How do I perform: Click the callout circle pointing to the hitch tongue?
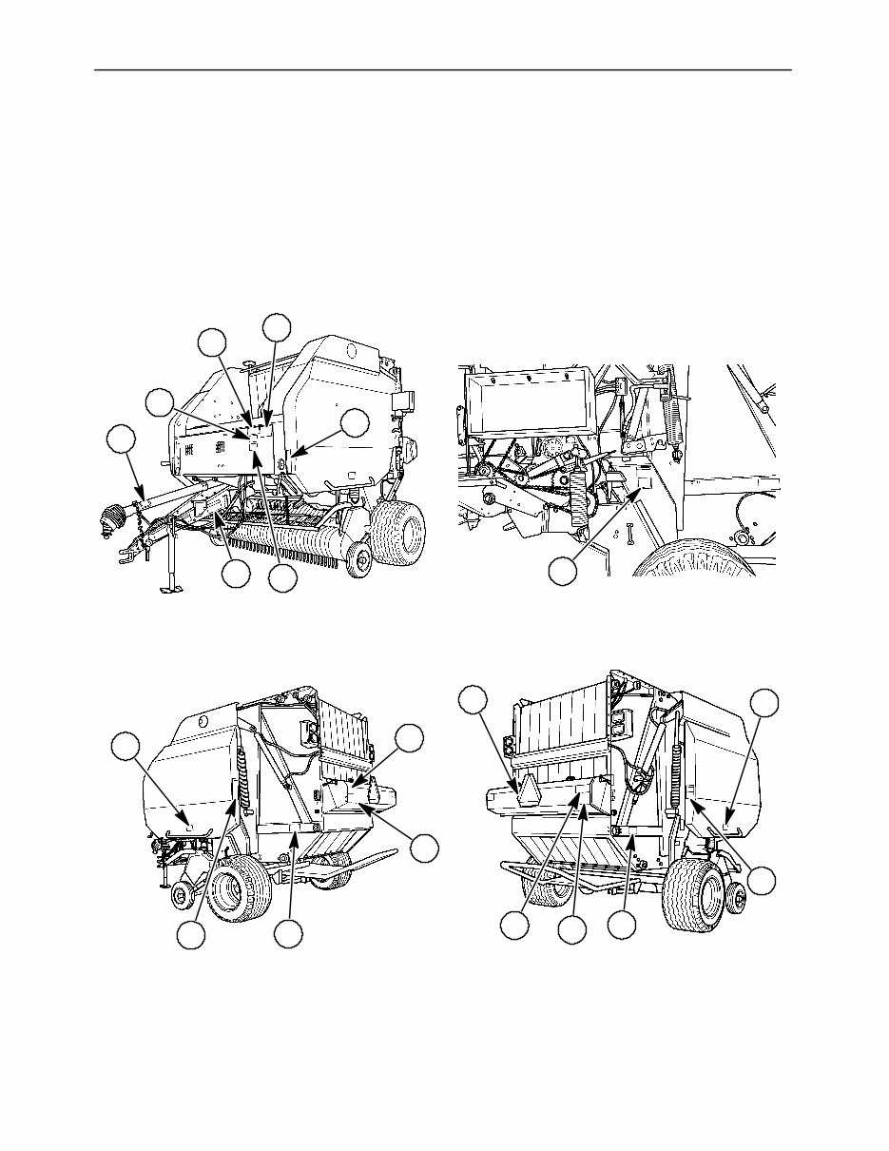121,440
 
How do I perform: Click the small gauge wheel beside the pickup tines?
358,561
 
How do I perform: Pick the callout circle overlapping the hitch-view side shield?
356,423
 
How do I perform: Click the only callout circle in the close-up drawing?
563,572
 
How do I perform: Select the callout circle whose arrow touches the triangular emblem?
472,701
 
